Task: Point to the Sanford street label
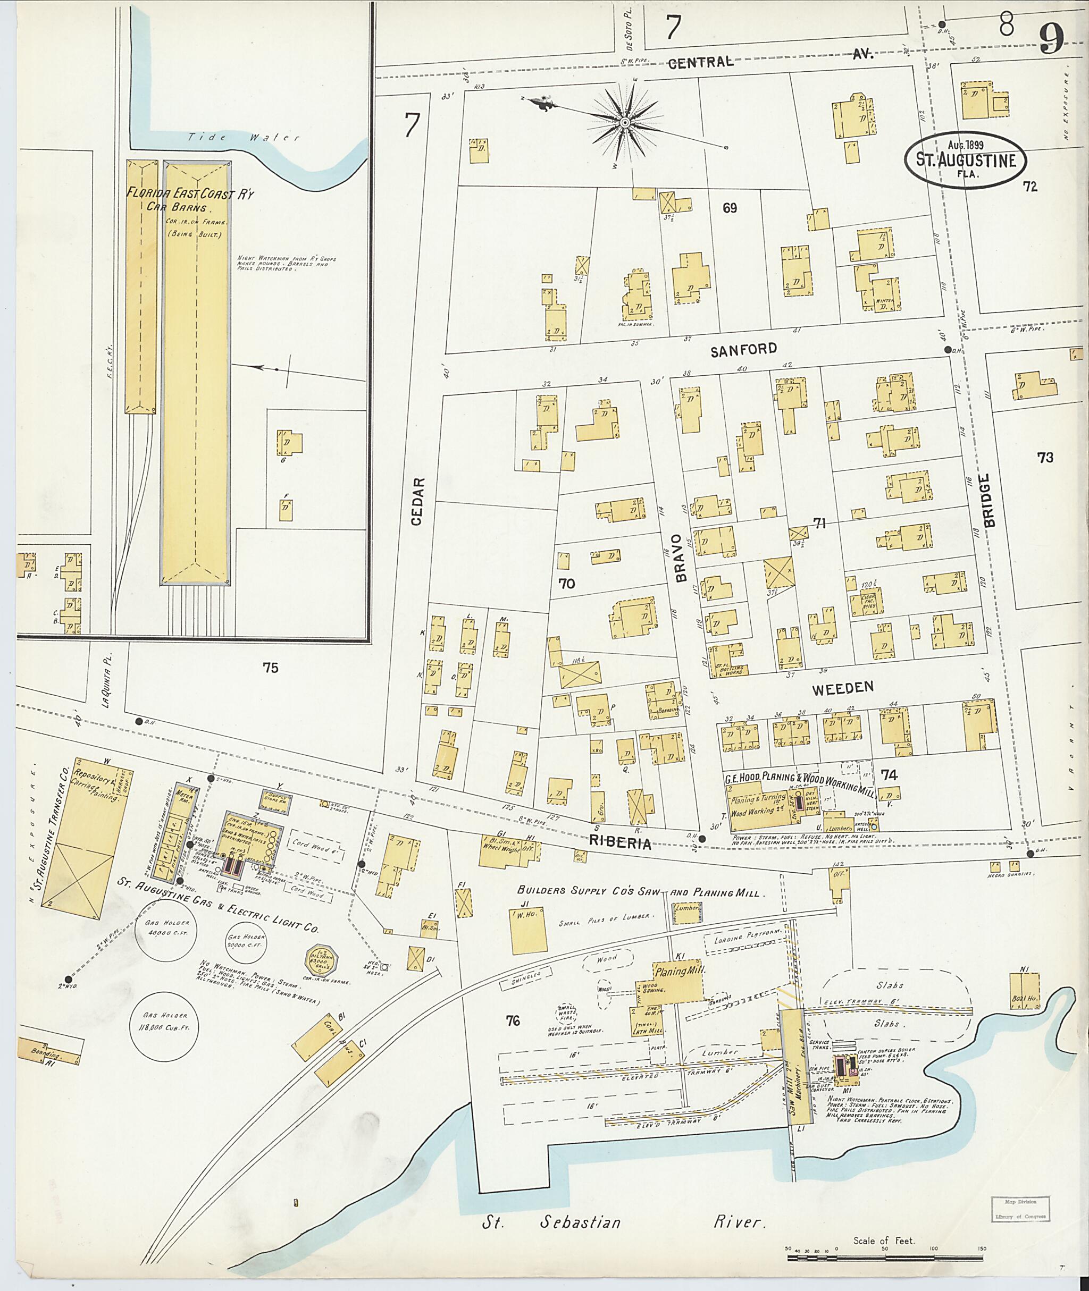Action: (x=743, y=350)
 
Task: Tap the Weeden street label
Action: (x=843, y=688)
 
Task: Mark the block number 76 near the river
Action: (x=513, y=1020)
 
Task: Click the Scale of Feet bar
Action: (x=885, y=1251)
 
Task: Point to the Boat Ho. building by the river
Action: (x=1024, y=991)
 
